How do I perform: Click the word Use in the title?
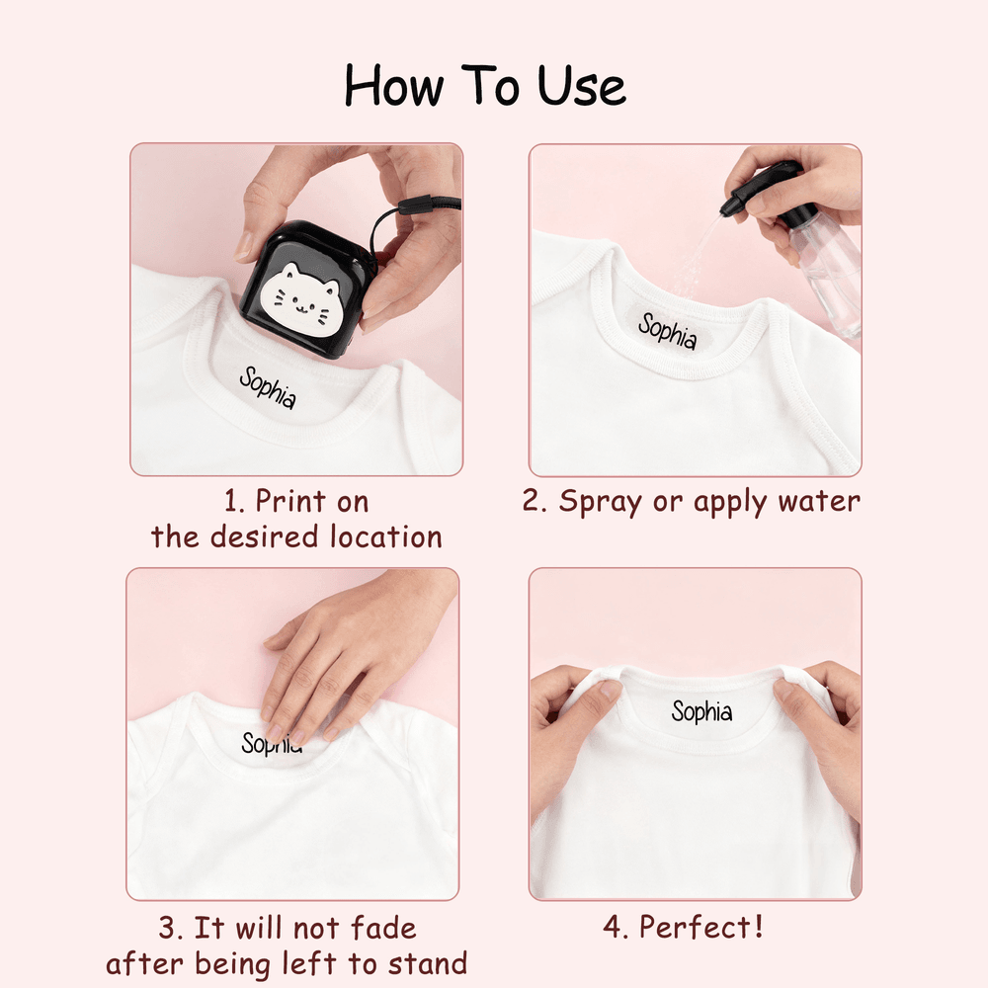point(582,86)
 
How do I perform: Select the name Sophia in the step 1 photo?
point(267,387)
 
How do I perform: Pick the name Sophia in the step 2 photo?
point(667,331)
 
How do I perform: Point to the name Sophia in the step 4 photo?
point(701,712)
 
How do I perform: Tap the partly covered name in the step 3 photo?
point(272,744)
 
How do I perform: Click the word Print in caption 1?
point(291,502)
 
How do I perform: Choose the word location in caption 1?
point(385,536)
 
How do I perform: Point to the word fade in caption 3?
point(383,928)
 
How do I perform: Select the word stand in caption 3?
point(428,964)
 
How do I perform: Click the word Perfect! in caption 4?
point(700,927)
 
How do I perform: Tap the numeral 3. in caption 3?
point(171,929)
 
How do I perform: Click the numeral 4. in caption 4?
point(616,928)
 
